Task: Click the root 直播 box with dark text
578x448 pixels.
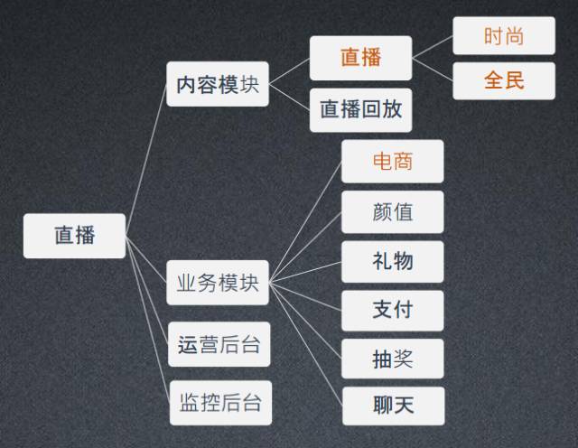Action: (74, 236)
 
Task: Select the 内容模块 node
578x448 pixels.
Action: (218, 84)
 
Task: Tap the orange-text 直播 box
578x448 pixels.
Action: (360, 58)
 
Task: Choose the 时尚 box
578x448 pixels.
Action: (504, 36)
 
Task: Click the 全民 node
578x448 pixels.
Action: (504, 80)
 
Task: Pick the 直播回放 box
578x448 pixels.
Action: (360, 110)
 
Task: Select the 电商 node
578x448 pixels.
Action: (393, 162)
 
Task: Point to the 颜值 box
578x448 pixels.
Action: (393, 212)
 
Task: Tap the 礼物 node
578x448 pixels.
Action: (393, 261)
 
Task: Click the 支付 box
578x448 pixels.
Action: (393, 311)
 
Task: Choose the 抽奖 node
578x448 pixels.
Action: (393, 359)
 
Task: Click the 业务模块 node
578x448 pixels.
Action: (218, 283)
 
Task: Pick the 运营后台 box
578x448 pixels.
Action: (218, 344)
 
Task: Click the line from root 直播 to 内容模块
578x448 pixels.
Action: (146, 157)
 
